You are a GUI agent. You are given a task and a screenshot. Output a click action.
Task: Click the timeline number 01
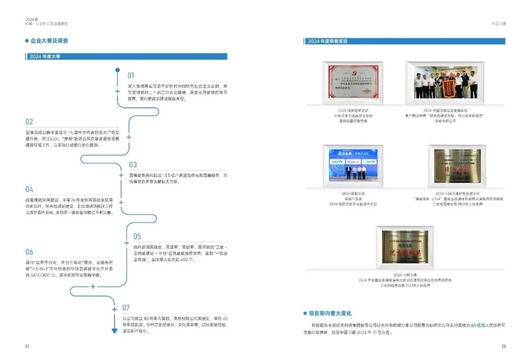131,76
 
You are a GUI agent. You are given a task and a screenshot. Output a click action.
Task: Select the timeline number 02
29,122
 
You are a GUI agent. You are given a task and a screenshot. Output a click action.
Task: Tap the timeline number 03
133,165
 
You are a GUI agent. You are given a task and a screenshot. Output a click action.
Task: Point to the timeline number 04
29,189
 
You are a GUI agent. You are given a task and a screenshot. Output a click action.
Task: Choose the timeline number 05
137,237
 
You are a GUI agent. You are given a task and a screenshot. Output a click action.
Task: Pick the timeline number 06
29,252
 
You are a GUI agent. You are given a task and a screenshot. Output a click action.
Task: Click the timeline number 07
126,308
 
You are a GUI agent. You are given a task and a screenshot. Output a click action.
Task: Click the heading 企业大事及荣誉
49,41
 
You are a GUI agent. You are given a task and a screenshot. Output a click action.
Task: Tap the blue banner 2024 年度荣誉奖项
404,41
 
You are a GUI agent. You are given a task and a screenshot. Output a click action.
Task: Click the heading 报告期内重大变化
330,313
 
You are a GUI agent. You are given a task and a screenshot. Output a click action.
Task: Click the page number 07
28,346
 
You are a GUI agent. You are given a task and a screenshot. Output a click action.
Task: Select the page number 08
503,346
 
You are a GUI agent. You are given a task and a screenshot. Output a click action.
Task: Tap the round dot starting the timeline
118,70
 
